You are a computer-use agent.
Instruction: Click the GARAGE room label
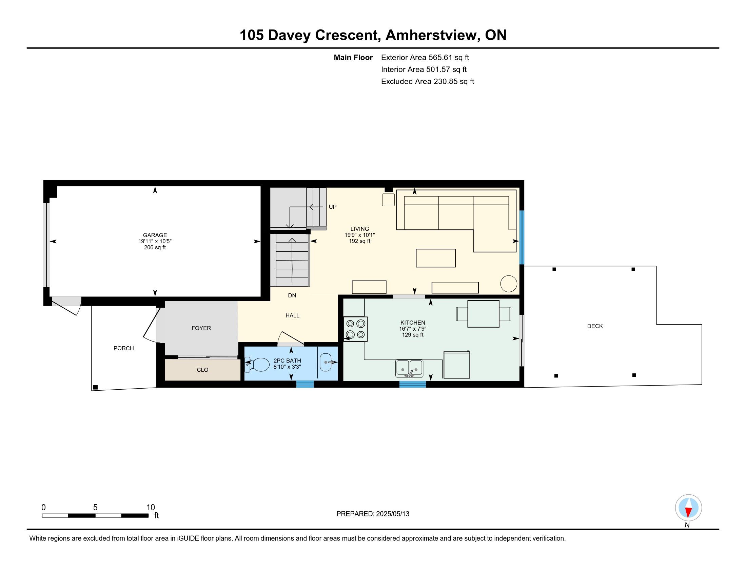coord(155,235)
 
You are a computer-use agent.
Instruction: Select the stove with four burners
coord(356,329)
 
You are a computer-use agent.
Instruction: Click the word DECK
coord(595,326)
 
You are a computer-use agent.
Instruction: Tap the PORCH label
coord(124,348)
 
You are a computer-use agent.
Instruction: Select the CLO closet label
coord(202,370)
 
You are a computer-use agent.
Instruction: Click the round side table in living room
coord(509,284)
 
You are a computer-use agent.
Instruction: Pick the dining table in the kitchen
coord(483,314)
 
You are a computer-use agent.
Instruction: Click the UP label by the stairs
coord(333,207)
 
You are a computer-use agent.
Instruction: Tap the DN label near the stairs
coord(292,295)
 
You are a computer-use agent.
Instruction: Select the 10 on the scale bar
coord(151,508)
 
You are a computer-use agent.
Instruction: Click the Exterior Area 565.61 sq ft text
coord(425,58)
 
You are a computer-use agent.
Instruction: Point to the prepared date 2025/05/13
coord(392,514)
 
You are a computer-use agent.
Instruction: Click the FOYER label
coord(201,328)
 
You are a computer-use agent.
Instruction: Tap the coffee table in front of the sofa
coord(435,258)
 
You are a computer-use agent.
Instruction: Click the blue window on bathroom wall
coord(305,384)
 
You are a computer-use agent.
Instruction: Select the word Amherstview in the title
coord(431,35)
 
